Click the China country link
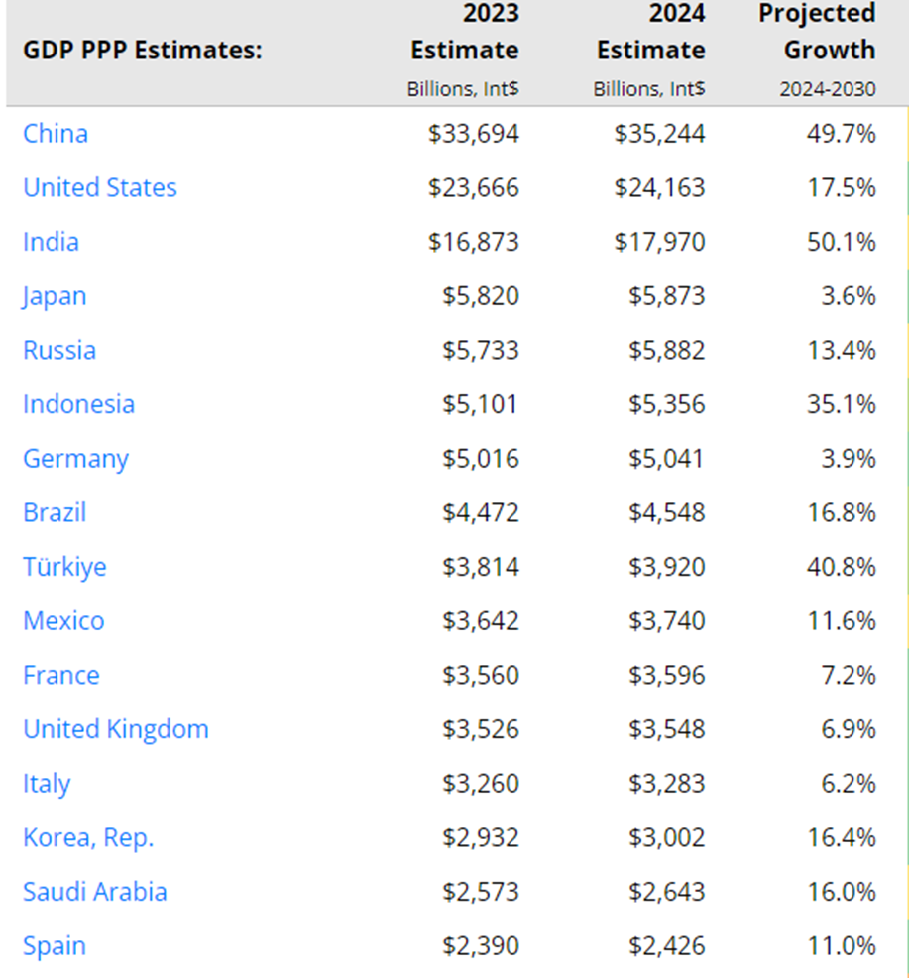[x=56, y=134]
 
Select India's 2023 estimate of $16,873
[x=473, y=242]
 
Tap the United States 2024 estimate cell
[x=659, y=188]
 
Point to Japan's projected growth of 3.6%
[x=850, y=296]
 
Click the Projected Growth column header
[x=817, y=32]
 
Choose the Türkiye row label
[x=64, y=567]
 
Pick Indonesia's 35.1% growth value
[x=841, y=404]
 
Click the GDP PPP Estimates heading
[x=142, y=50]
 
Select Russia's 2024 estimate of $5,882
[x=666, y=350]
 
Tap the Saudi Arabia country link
[x=95, y=892]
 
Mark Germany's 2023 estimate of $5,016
[x=480, y=459]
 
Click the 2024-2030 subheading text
[x=828, y=89]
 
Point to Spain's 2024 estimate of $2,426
[x=666, y=946]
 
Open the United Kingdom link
[x=116, y=729]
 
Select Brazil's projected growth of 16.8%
[x=841, y=512]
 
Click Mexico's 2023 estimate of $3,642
[x=480, y=621]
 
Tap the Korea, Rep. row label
[x=88, y=838]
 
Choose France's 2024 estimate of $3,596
[x=666, y=676]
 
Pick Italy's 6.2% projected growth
[x=850, y=784]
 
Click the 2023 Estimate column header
[x=464, y=32]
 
